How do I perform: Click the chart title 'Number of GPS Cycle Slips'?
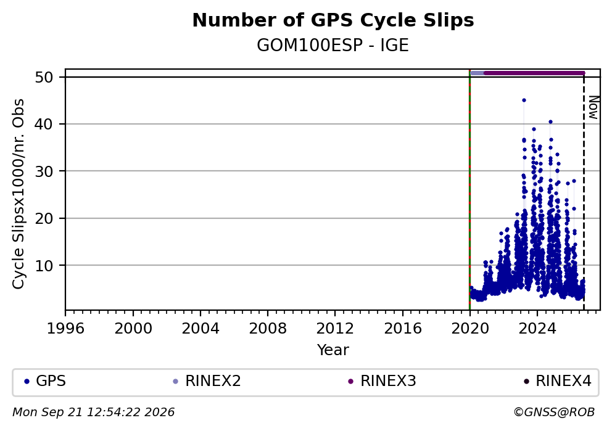(333, 21)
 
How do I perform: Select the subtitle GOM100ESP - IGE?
(333, 46)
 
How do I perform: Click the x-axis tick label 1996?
(65, 329)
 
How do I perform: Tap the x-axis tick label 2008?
(268, 329)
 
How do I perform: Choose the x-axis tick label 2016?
(403, 329)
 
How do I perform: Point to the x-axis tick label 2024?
(537, 329)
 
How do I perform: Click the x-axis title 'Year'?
(333, 350)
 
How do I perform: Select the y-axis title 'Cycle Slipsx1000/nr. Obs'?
(18, 194)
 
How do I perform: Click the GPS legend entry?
(45, 381)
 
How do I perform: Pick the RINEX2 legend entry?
(207, 381)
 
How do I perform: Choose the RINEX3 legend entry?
(382, 381)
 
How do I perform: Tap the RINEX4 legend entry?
(557, 381)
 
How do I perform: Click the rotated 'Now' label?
(593, 107)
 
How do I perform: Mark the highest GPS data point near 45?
(524, 101)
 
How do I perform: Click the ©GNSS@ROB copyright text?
(554, 413)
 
